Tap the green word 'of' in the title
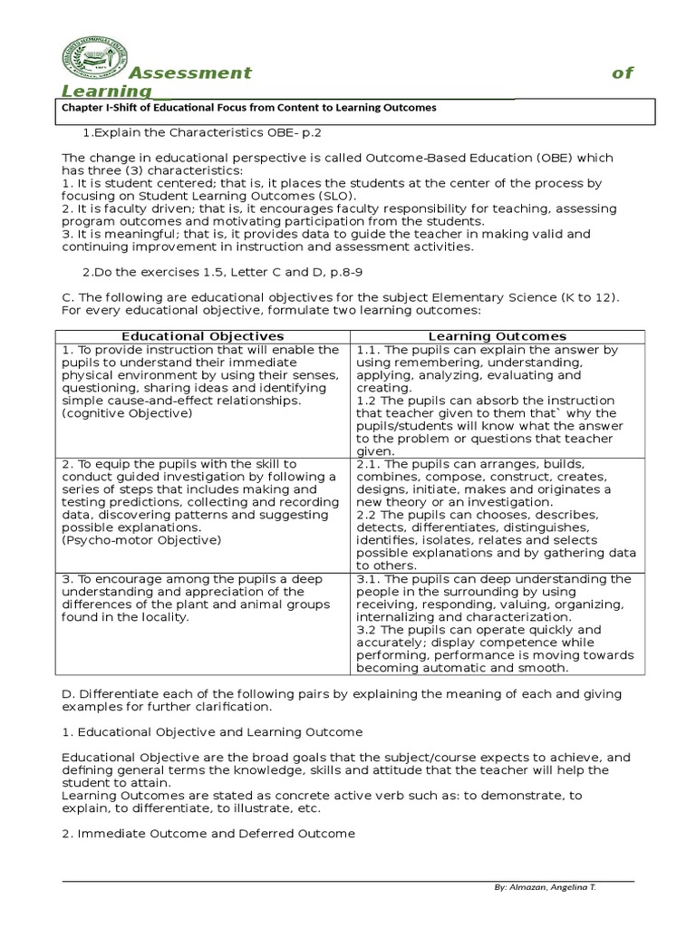[622, 73]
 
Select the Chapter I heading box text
[248, 107]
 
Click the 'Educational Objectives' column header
[203, 336]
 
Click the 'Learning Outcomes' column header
[497, 336]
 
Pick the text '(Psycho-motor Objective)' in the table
[141, 540]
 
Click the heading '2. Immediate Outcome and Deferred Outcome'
[208, 834]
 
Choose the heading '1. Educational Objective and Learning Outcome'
[212, 731]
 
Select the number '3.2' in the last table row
[366, 630]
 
